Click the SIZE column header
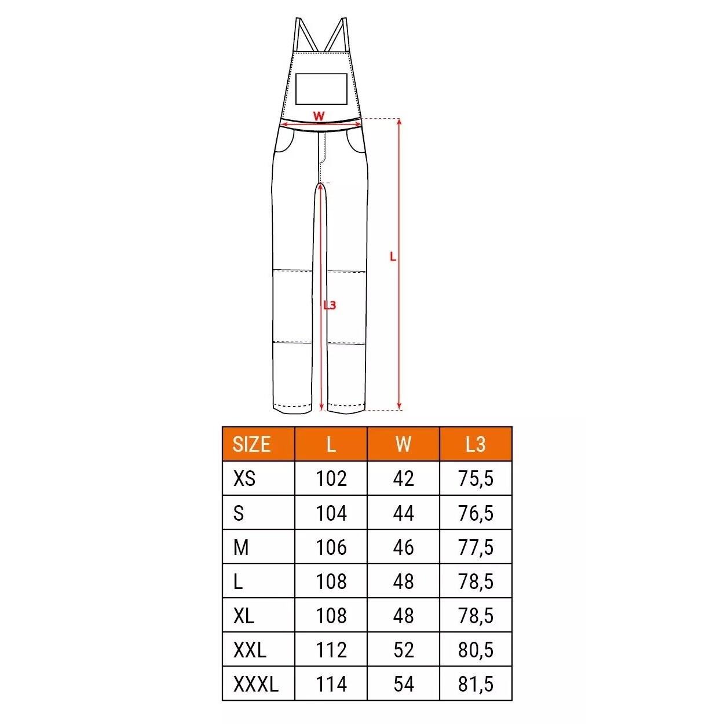point(251,444)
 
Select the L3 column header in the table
point(476,444)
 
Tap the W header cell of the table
point(403,444)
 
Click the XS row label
point(244,478)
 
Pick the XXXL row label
point(255,684)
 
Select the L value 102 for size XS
point(331,478)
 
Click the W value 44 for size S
point(404,513)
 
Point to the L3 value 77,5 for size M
point(476,547)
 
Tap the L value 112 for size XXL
point(331,650)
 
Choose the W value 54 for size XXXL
point(404,684)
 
